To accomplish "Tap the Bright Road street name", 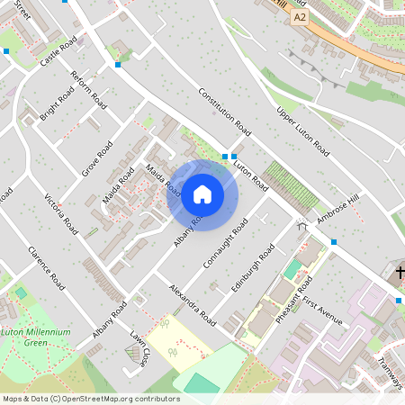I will coord(57,104).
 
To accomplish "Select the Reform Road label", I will coord(88,90).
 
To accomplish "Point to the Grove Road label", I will coord(97,158).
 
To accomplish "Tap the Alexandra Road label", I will coord(193,305).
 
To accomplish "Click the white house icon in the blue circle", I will coord(202,194).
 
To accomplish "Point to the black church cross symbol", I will coord(399,272).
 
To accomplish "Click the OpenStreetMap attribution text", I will coord(91,399).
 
